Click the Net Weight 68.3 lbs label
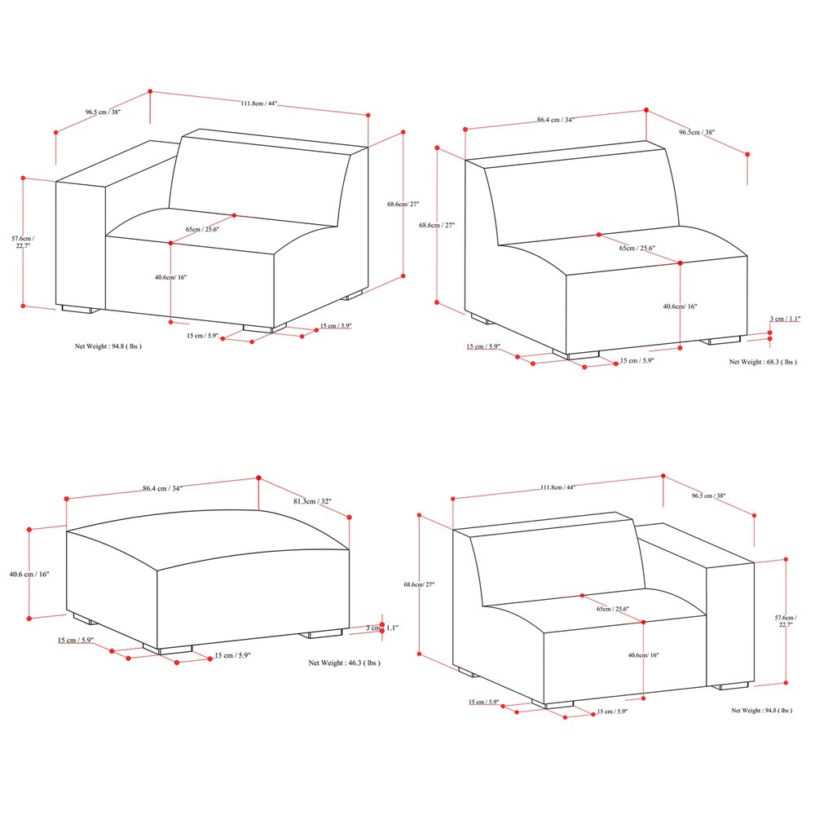763,362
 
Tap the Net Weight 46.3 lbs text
344,663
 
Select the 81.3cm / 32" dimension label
312,501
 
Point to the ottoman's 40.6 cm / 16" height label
29,575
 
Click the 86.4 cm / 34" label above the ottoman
163,488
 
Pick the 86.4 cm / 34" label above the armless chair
556,120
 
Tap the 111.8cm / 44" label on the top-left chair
259,104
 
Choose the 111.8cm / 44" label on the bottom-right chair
557,487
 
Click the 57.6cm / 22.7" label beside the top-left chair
23,242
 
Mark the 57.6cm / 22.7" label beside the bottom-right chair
786,621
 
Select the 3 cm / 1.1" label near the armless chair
785,319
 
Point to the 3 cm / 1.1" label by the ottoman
382,628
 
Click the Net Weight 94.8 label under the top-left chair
108,346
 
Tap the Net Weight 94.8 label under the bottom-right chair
761,710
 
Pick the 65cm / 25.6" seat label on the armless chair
637,248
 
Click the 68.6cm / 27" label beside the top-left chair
403,205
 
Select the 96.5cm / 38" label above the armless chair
697,132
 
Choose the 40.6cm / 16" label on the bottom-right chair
644,655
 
